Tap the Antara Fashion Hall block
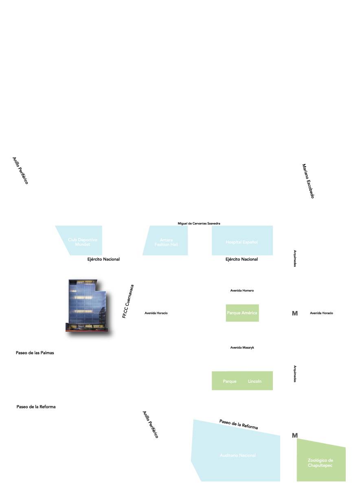[166, 242]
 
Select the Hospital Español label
[241, 242]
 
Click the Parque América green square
[242, 313]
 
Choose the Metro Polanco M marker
[294, 313]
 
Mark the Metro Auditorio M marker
[295, 436]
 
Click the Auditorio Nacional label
[238, 455]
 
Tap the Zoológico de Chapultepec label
[320, 463]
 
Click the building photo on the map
[86, 305]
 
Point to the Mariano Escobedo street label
[308, 181]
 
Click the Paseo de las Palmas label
[35, 353]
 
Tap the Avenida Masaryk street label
[242, 347]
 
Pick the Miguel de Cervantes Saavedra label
[199, 223]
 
